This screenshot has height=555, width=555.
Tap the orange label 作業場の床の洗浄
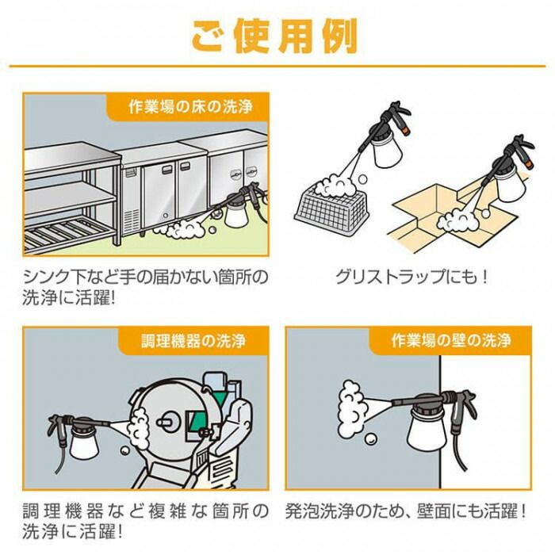[187, 107]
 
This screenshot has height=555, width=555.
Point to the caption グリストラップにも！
[411, 278]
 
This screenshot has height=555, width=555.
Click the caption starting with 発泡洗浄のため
[405, 510]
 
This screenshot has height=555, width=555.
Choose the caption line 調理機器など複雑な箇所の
[143, 510]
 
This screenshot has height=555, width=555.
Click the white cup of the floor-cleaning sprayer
[239, 213]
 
